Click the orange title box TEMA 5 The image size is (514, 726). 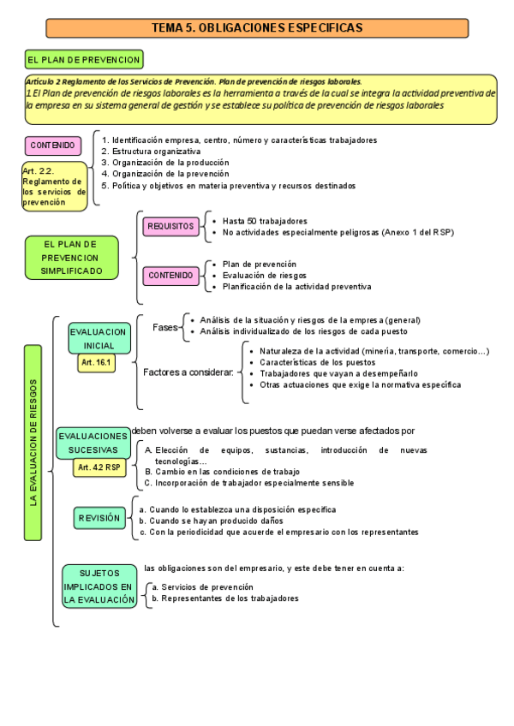[x=257, y=28]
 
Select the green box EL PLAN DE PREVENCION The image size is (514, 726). [x=84, y=60]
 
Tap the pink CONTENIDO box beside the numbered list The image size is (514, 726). [x=53, y=146]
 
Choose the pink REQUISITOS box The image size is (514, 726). [x=170, y=226]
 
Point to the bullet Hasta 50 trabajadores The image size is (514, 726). [x=265, y=221]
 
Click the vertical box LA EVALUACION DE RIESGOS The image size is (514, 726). [x=33, y=442]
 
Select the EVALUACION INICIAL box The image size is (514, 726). [x=99, y=338]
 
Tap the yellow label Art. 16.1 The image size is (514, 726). [x=96, y=363]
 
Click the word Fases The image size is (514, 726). [x=165, y=327]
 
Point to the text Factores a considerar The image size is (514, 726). [x=188, y=372]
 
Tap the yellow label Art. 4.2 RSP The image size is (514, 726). [x=99, y=467]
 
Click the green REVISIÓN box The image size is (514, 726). [x=99, y=519]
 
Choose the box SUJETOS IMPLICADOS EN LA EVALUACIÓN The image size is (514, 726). [x=99, y=586]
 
